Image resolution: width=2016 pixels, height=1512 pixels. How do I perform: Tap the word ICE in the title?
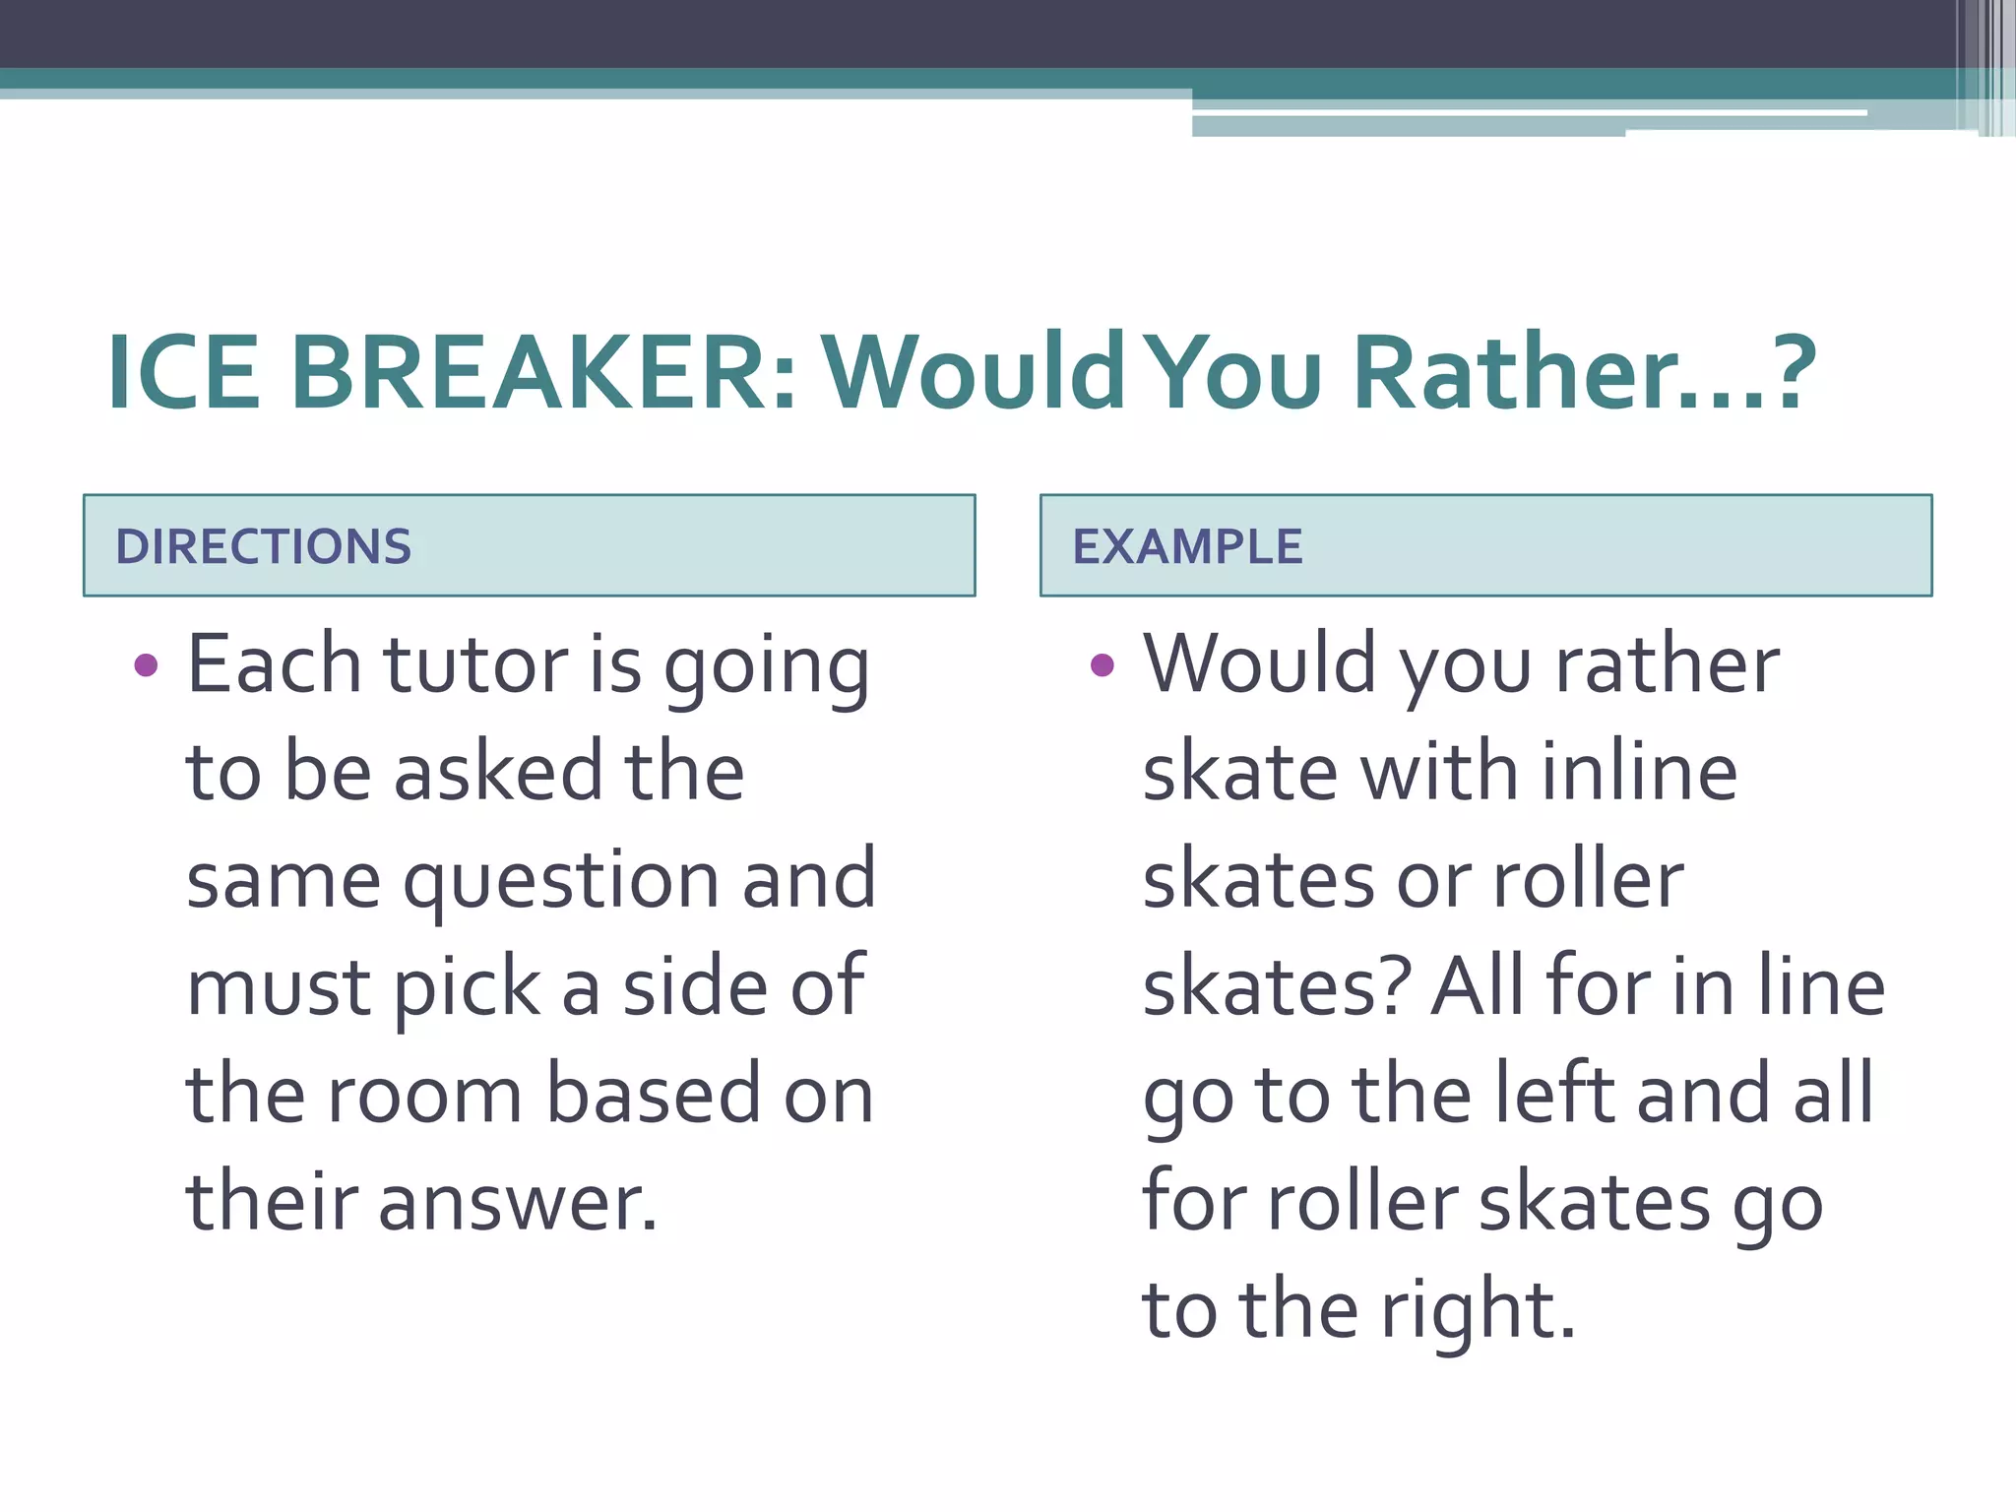pyautogui.click(x=184, y=374)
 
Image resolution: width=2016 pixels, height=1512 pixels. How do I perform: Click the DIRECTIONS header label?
pyautogui.click(x=264, y=547)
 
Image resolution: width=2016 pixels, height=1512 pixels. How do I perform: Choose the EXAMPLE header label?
pyautogui.click(x=1187, y=547)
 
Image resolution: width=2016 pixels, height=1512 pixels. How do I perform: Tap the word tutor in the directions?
pyautogui.click(x=475, y=665)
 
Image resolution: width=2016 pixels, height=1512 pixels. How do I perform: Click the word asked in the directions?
pyautogui.click(x=498, y=772)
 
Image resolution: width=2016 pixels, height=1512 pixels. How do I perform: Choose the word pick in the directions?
pyautogui.click(x=468, y=988)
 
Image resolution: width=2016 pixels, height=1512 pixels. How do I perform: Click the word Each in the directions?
pyautogui.click(x=275, y=665)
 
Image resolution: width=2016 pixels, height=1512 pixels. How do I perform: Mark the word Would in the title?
pyautogui.click(x=975, y=374)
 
